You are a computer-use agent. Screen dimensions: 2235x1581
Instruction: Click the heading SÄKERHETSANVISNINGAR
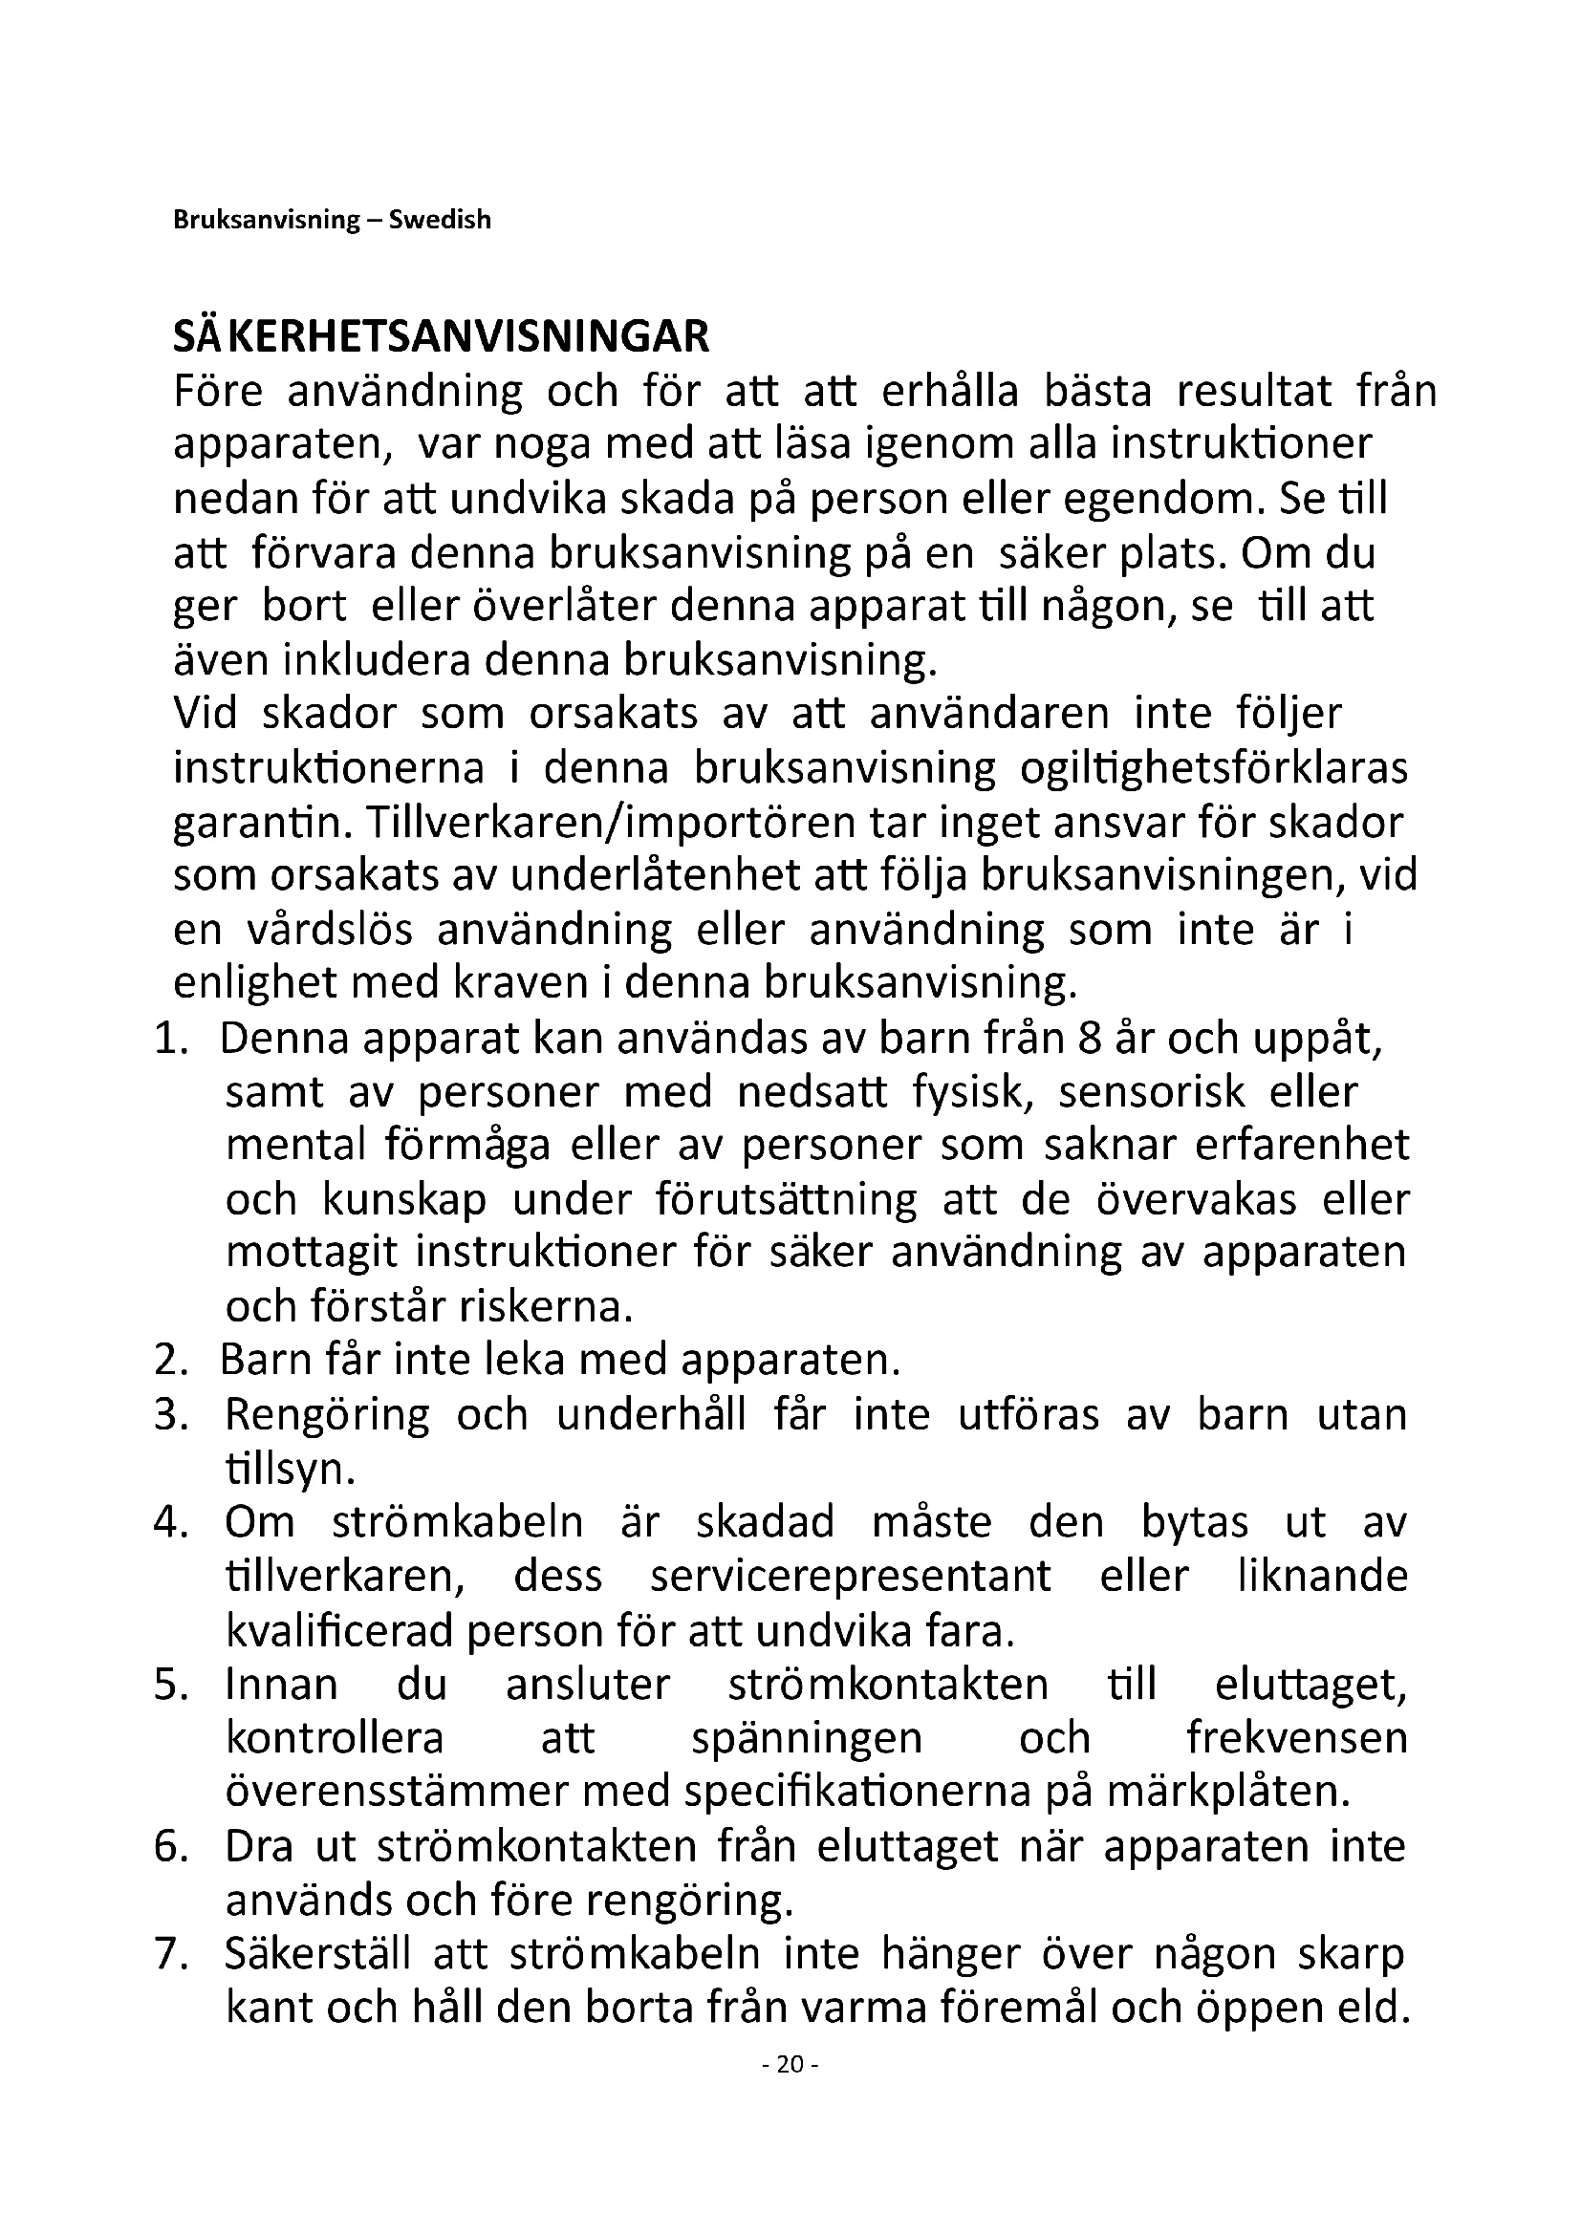pos(441,336)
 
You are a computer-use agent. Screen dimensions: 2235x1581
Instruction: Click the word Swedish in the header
pos(440,220)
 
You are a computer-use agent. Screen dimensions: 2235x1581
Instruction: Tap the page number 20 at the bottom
pos(790,2091)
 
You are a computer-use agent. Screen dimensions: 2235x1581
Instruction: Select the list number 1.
pos(169,1040)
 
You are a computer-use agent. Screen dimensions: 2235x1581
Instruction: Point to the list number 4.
pos(169,1522)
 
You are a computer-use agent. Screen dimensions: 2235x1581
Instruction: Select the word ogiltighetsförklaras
pos(1213,769)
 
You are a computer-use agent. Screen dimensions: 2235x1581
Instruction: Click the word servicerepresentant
pos(851,1576)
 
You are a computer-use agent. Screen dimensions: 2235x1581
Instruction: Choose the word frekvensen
pos(1296,1737)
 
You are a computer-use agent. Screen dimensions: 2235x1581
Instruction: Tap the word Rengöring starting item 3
pos(327,1415)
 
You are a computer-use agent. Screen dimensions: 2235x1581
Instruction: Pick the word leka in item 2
pos(525,1361)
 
